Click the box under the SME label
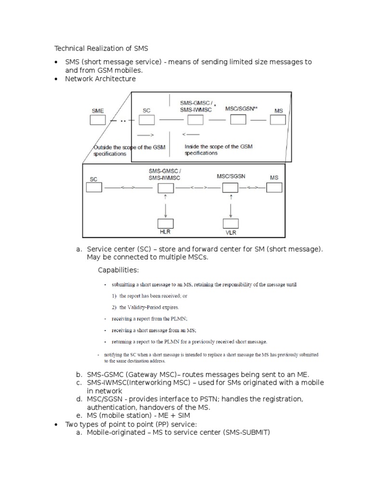[98, 120]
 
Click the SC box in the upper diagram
[147, 120]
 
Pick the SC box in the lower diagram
[94, 187]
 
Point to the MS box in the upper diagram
[278, 120]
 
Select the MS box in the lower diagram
[274, 187]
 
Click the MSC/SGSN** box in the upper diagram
[238, 119]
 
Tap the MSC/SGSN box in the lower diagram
[230, 188]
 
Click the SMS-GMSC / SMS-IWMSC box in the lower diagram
[165, 188]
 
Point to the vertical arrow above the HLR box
[165, 206]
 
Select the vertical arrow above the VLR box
[231, 206]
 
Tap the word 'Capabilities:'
[119, 269]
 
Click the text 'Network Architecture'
[100, 78]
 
